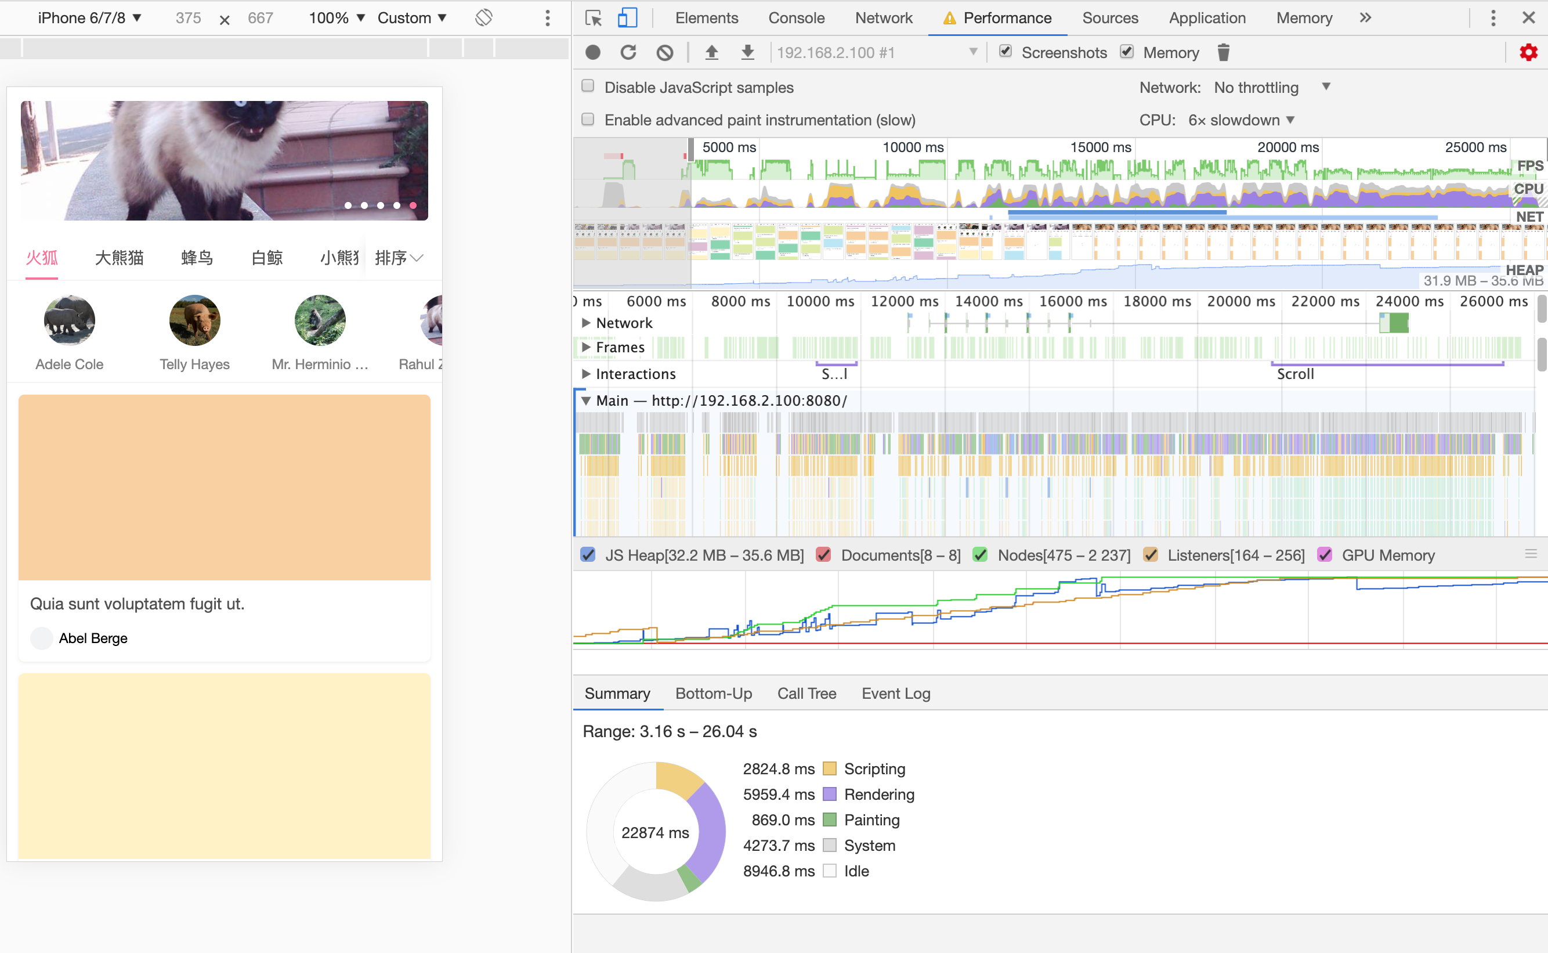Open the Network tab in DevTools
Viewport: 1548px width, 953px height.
(x=882, y=17)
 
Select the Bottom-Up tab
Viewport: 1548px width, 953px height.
(x=713, y=694)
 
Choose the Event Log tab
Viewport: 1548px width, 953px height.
(x=895, y=694)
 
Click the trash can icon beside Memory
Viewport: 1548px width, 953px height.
(x=1223, y=52)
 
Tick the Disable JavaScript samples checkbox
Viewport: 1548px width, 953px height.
(x=588, y=86)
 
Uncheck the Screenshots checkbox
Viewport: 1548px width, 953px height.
(x=1006, y=52)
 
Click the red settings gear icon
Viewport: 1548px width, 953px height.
(x=1528, y=52)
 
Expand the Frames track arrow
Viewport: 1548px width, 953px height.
(x=586, y=347)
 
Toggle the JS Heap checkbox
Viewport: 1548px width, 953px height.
(x=588, y=555)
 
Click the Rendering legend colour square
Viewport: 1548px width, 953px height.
(x=829, y=794)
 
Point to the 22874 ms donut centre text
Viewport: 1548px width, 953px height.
(x=654, y=833)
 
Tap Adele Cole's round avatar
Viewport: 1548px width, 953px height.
(x=69, y=320)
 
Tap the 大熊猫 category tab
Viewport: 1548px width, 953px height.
(x=119, y=258)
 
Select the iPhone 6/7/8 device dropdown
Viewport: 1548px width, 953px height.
(x=89, y=17)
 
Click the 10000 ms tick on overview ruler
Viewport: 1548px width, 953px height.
(x=912, y=147)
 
